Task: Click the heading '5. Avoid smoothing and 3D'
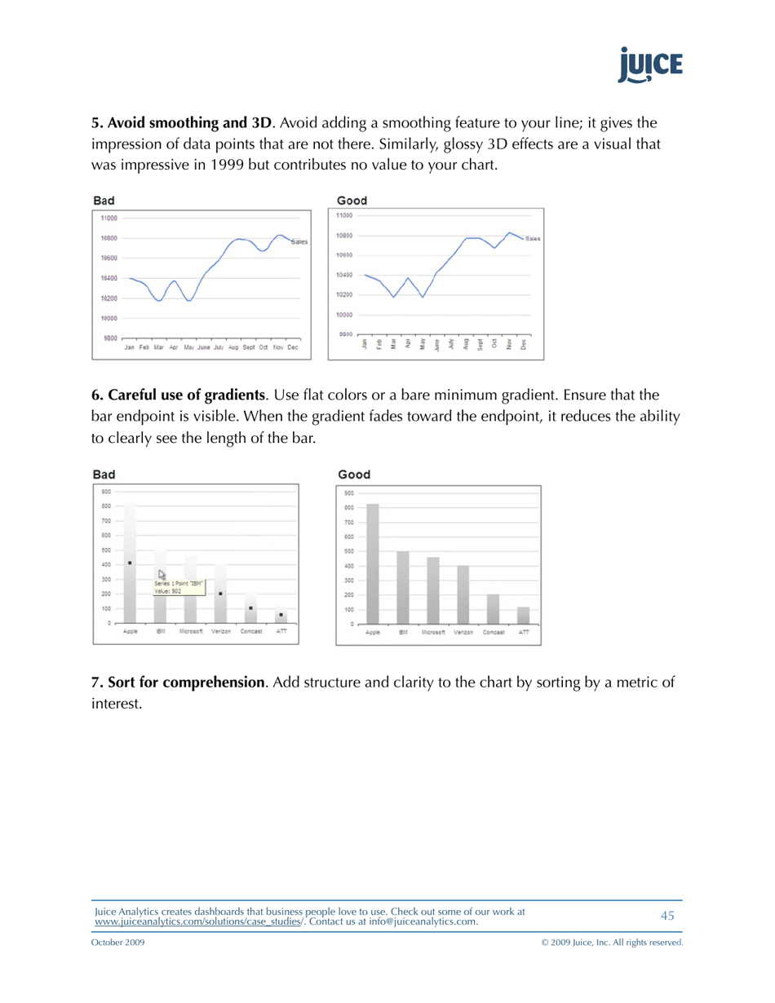[180, 124]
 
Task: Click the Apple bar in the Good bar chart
[373, 563]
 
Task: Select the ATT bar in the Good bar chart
[523, 616]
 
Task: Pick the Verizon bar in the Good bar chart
[463, 594]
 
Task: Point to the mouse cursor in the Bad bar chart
[162, 575]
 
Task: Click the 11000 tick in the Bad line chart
[109, 219]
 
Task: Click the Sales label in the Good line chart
[534, 239]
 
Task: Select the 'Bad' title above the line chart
[104, 200]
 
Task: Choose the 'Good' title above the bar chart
[354, 475]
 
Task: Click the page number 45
[667, 916]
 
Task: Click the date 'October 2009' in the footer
[119, 943]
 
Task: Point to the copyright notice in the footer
[612, 943]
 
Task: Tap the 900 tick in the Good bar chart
[349, 493]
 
